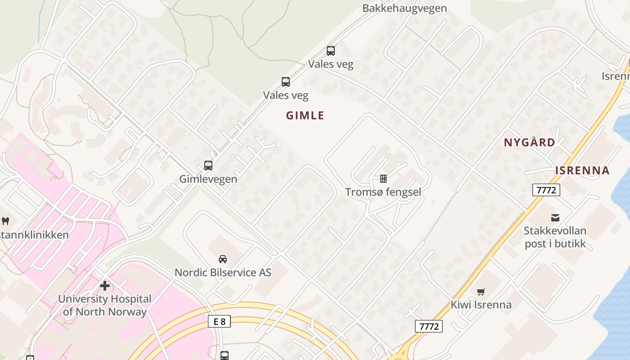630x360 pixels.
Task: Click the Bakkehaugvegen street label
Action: pos(404,8)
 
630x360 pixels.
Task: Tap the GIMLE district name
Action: pos(305,116)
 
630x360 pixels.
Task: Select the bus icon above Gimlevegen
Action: pos(208,165)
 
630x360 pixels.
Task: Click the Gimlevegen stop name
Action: pos(208,179)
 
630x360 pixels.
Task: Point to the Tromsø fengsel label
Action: pos(383,192)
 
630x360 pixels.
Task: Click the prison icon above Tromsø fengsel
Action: pos(383,179)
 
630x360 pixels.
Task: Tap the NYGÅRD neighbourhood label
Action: pos(529,143)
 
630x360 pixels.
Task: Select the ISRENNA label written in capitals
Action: pos(582,171)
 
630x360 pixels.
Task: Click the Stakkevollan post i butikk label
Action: pos(555,237)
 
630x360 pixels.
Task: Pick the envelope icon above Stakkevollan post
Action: pos(555,218)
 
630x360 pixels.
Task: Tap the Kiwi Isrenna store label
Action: pos(481,305)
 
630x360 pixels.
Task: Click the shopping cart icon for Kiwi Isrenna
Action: pos(481,292)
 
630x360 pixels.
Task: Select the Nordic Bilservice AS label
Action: pos(223,272)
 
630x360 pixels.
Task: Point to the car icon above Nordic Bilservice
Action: pos(222,259)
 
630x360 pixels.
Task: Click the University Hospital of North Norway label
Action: pos(104,305)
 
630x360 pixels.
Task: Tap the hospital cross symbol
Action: pos(104,285)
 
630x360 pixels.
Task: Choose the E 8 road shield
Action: pos(220,321)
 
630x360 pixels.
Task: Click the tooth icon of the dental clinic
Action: pos(5,220)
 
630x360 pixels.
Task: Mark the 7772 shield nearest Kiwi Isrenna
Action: pos(428,326)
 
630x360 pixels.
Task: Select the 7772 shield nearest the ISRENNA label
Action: pos(546,190)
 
